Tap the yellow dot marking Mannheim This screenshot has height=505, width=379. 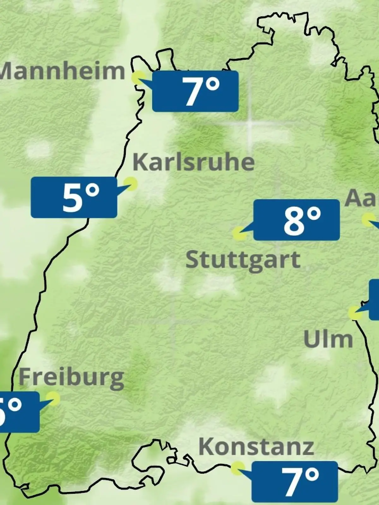click(138, 77)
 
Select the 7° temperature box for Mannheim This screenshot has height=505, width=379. click(195, 91)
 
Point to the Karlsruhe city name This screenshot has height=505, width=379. click(193, 163)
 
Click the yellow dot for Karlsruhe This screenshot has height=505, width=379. click(130, 183)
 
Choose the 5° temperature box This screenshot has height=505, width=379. click(74, 197)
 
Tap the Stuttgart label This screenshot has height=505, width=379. click(243, 260)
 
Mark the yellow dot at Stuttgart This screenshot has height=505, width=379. click(239, 234)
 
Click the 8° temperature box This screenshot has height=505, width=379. click(297, 220)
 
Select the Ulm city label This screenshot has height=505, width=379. click(328, 339)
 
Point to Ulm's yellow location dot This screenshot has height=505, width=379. click(354, 312)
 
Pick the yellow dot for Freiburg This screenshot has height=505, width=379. click(53, 398)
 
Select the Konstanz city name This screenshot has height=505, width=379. click(256, 447)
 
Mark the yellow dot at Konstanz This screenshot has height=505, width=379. click(238, 468)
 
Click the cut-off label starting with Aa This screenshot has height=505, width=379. click(362, 198)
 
